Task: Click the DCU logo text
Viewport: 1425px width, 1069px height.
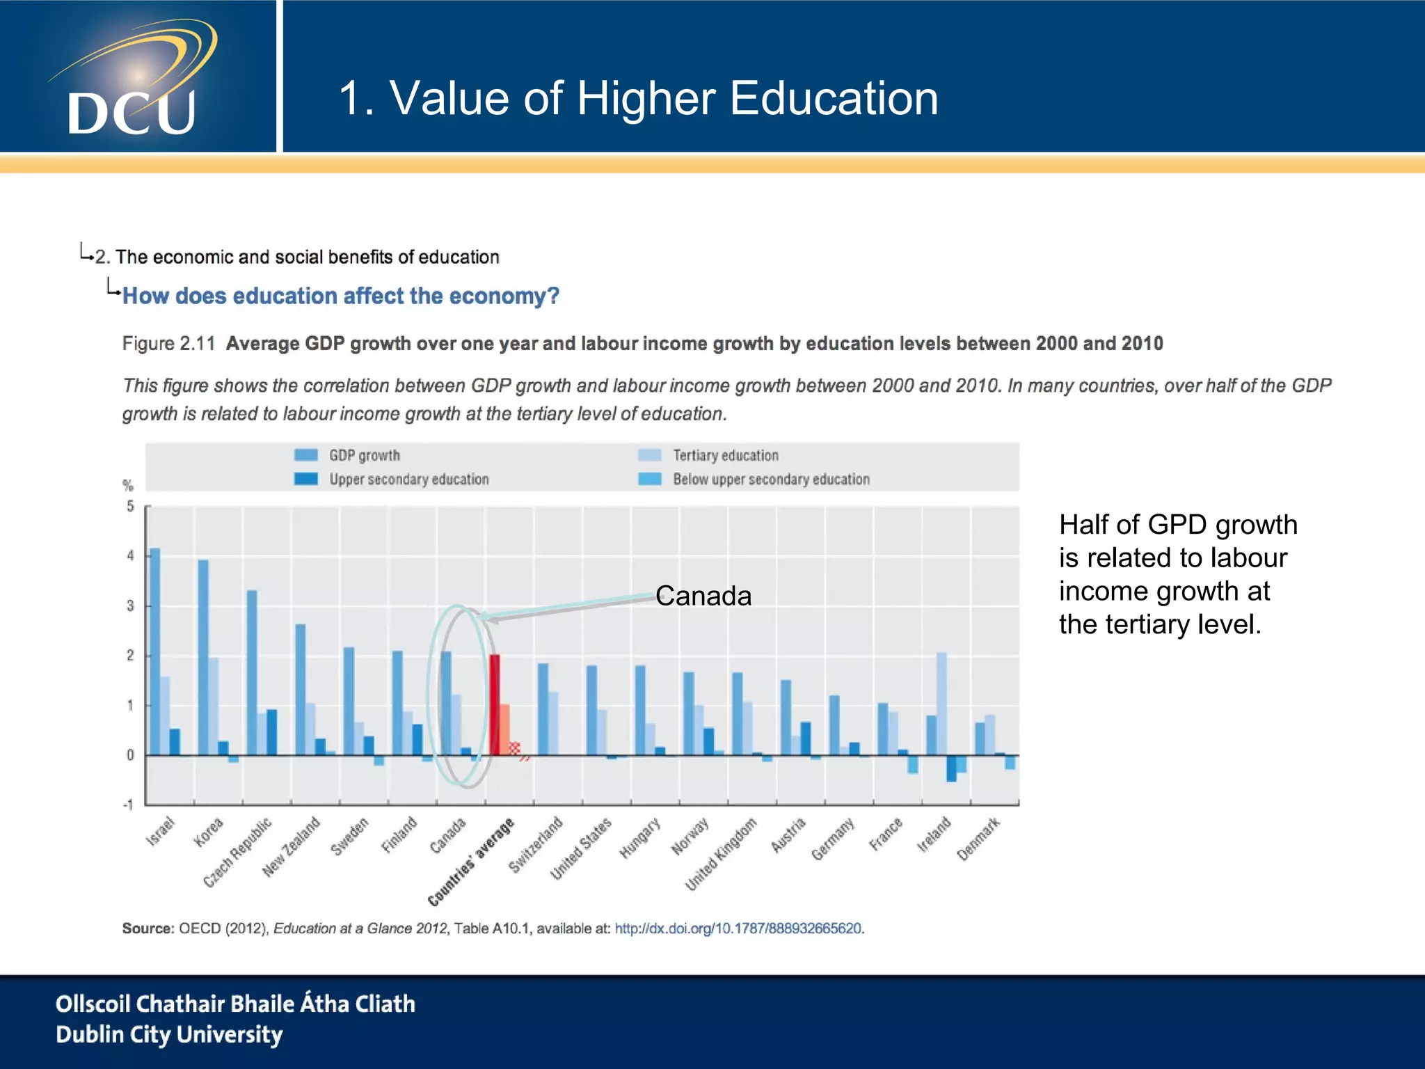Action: (131, 113)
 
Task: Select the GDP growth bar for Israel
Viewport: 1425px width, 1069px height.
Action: (155, 651)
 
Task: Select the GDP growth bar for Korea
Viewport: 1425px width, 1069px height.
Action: (203, 657)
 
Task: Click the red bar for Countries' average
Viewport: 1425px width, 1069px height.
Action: (495, 704)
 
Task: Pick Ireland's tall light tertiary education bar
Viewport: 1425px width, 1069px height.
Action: (941, 703)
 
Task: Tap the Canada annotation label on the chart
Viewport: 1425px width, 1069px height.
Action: (703, 596)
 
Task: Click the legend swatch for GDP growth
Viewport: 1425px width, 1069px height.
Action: (306, 455)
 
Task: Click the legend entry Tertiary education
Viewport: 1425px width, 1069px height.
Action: (725, 455)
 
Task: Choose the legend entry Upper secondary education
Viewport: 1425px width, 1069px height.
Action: (408, 480)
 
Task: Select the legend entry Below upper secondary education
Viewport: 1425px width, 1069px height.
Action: (771, 480)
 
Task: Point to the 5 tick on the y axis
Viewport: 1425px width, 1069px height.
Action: (130, 506)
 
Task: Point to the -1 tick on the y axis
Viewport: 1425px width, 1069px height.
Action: (128, 805)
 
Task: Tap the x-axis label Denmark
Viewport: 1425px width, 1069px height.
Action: (978, 839)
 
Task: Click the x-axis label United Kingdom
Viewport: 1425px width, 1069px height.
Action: (721, 854)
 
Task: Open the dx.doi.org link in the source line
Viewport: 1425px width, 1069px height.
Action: (738, 928)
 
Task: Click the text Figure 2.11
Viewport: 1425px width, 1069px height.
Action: (168, 344)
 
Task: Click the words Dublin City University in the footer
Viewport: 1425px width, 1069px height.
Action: (169, 1035)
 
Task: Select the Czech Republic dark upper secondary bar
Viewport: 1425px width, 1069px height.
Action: (272, 732)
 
